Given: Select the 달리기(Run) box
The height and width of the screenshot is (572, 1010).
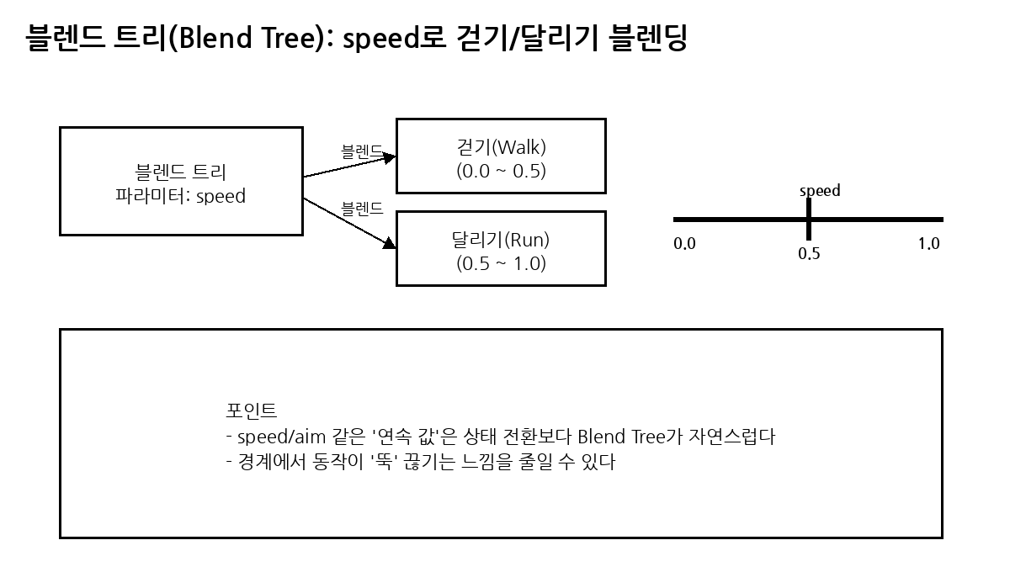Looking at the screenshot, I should pos(501,249).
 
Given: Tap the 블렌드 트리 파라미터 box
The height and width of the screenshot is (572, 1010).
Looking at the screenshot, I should pos(181,182).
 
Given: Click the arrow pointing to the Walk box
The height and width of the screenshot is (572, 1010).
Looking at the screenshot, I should pos(348,165).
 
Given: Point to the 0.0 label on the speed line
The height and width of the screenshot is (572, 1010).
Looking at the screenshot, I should pos(685,245).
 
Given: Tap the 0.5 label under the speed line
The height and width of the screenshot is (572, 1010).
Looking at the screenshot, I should pos(809,253).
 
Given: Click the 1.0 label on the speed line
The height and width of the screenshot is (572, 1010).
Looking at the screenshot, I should pos(928,244).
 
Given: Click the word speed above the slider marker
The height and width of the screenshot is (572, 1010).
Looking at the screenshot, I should pos(820,191).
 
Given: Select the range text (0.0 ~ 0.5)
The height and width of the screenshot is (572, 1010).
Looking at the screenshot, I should pos(501,171).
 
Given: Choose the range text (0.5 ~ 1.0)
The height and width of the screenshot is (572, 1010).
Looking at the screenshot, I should pos(501,263).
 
